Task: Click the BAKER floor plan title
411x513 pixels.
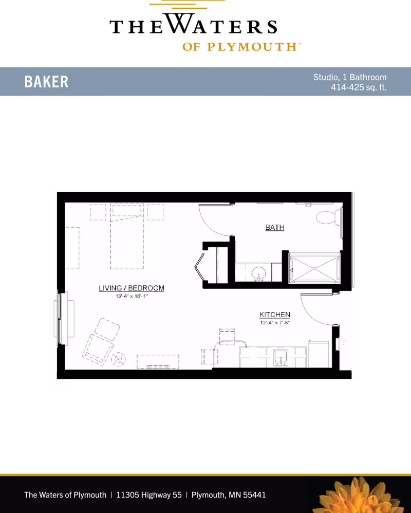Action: click(46, 82)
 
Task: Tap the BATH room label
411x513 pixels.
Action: click(275, 227)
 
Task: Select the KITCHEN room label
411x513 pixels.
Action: click(275, 315)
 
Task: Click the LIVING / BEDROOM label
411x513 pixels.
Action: click(132, 288)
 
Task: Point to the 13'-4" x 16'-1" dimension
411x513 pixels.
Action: click(132, 297)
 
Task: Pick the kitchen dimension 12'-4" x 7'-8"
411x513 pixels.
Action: click(275, 323)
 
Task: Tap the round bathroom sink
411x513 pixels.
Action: click(258, 272)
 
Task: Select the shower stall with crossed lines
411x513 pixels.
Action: click(314, 268)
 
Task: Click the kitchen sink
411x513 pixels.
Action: click(281, 358)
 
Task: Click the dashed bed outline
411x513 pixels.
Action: click(127, 236)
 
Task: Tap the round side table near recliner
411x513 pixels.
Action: click(118, 359)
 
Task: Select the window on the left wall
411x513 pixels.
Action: click(59, 319)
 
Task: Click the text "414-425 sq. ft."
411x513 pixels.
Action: click(359, 87)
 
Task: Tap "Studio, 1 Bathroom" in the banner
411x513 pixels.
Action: click(350, 77)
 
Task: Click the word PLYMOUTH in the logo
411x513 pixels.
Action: click(252, 47)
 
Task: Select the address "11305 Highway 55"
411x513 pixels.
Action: click(149, 494)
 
